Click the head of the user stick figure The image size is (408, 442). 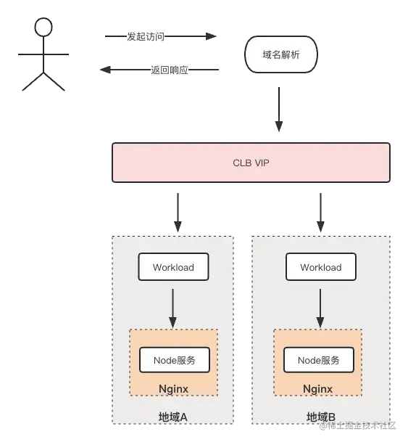click(x=44, y=28)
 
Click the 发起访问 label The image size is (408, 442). click(x=146, y=37)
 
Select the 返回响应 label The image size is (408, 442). click(x=170, y=70)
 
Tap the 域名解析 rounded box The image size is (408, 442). click(x=280, y=54)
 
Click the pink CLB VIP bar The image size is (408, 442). click(x=251, y=163)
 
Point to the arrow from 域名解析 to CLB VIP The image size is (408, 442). click(x=278, y=113)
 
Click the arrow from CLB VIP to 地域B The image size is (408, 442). click(x=320, y=211)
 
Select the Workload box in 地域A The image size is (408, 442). click(x=173, y=267)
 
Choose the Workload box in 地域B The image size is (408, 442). click(x=320, y=267)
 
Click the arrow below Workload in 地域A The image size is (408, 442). click(x=172, y=307)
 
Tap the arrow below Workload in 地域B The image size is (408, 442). click(x=320, y=307)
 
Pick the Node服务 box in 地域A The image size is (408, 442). click(x=174, y=360)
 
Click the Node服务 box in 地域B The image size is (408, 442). click(x=319, y=360)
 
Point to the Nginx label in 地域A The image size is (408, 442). click(x=173, y=389)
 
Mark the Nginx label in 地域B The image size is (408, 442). click(x=317, y=389)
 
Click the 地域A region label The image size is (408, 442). click(x=173, y=417)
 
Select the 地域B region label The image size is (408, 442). click(x=320, y=417)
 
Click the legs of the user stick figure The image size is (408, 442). click(x=44, y=80)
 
